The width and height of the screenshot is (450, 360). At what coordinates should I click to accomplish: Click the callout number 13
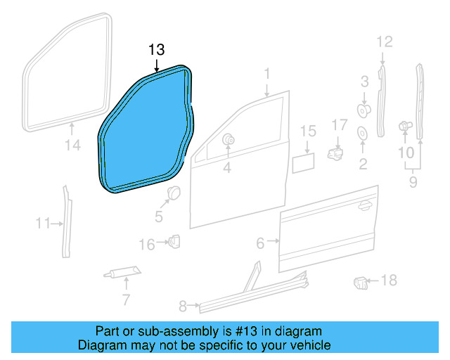tap(156, 49)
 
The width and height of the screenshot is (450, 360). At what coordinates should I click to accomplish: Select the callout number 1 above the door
tap(267, 73)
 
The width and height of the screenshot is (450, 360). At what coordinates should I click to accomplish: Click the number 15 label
tap(308, 131)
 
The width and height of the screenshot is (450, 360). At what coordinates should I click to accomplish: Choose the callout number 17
tap(340, 124)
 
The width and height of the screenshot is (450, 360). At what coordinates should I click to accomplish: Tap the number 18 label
tap(388, 281)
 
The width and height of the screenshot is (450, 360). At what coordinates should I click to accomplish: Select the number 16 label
tap(146, 245)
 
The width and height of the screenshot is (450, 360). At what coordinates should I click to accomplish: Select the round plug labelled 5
tap(172, 195)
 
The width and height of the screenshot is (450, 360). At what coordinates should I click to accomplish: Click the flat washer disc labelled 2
tap(364, 132)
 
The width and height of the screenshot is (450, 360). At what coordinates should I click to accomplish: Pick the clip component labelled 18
tap(361, 283)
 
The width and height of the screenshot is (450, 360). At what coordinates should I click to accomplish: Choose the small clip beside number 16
tap(173, 242)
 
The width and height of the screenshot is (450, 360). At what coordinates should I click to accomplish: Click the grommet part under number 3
tap(364, 110)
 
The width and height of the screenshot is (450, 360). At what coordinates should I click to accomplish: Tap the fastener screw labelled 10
tap(405, 127)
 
